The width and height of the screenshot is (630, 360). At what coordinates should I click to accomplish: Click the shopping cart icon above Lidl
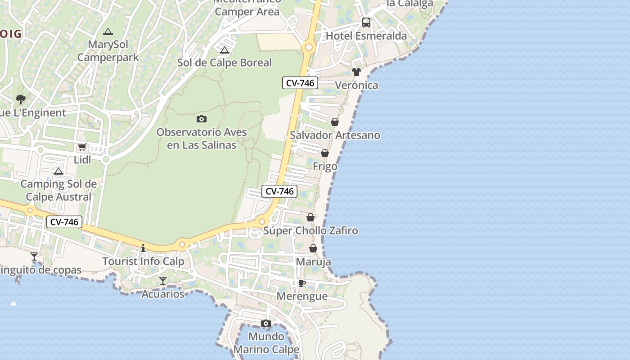point(82,147)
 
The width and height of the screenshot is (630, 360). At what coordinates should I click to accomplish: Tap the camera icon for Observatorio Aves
point(202,119)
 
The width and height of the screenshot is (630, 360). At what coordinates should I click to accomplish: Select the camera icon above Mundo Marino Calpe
point(266,323)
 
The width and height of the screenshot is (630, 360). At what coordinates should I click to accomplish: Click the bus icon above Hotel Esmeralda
point(366,22)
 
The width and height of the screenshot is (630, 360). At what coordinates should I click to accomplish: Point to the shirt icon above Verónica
point(356,72)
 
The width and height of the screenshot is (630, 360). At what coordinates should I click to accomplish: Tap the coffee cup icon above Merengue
point(302,283)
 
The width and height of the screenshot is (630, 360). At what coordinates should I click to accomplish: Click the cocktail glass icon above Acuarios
point(163,281)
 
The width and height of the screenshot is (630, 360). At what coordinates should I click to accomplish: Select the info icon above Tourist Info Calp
point(143,248)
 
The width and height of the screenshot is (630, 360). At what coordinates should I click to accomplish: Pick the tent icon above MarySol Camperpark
point(108,31)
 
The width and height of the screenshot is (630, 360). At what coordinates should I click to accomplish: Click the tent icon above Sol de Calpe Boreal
point(225,49)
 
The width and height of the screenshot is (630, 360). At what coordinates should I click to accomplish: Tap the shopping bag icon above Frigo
point(325,153)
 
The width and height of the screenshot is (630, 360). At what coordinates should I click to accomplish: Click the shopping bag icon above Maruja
point(313,248)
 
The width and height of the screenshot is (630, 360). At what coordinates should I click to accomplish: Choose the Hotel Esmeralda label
point(366,36)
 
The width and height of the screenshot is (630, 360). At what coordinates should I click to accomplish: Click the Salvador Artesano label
point(335,135)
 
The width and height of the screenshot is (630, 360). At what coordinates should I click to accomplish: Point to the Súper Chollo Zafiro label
point(310,231)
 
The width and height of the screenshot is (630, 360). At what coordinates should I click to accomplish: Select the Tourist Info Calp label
point(143,261)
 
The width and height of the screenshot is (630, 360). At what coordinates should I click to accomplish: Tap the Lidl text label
point(82,160)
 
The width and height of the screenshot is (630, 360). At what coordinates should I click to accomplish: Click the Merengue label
point(302,297)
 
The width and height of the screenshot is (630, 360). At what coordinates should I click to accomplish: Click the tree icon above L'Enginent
point(20,99)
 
